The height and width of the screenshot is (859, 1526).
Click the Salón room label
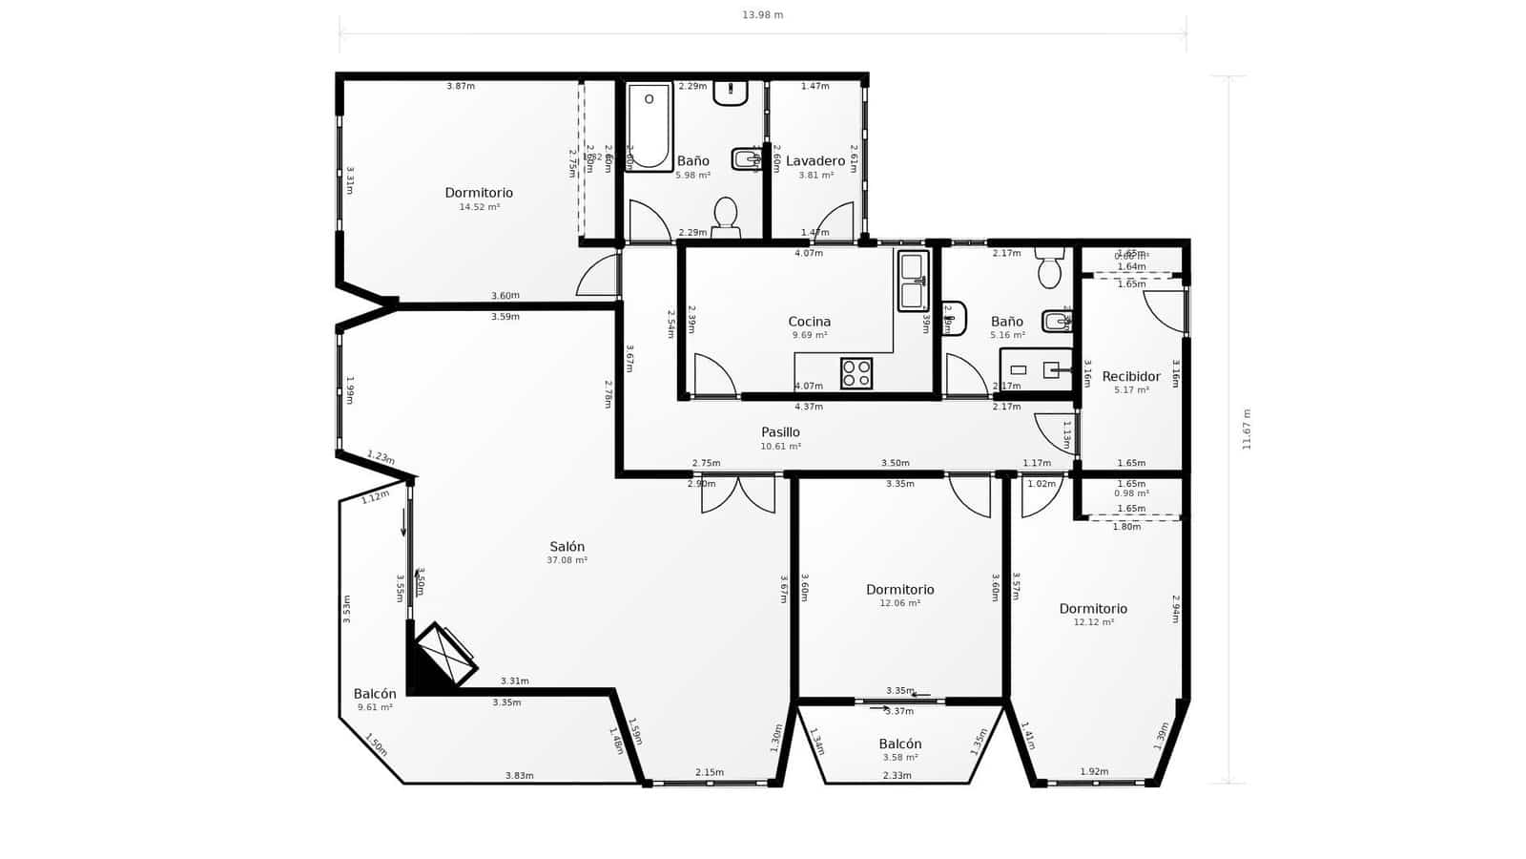pos(567,547)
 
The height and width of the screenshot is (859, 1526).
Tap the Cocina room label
pos(809,322)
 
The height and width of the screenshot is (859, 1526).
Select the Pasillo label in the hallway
pos(780,432)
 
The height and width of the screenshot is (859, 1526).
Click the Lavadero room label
pos(815,161)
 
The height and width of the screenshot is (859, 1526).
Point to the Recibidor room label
pos(1131,376)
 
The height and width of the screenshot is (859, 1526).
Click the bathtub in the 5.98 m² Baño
pos(649,126)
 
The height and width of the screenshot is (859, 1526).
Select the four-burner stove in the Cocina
pos(856,373)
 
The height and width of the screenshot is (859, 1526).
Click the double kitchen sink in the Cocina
pos(912,281)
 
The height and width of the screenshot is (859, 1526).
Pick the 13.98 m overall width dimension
pos(762,15)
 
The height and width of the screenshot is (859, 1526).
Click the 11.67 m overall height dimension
pos(1247,429)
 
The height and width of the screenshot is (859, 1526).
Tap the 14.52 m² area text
pos(479,207)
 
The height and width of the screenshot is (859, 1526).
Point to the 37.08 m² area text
pos(567,560)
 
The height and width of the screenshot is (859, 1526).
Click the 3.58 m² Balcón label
pos(899,744)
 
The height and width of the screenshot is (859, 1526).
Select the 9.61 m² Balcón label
pos(375,694)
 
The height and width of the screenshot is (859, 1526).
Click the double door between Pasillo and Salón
pos(738,492)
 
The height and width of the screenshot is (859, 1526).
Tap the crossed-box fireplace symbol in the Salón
pos(444,655)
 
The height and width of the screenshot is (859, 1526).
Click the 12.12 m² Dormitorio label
pos(1093,609)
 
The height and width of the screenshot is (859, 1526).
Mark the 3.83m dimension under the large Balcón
pos(519,776)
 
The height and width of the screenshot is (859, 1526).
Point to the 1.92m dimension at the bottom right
pos(1094,772)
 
